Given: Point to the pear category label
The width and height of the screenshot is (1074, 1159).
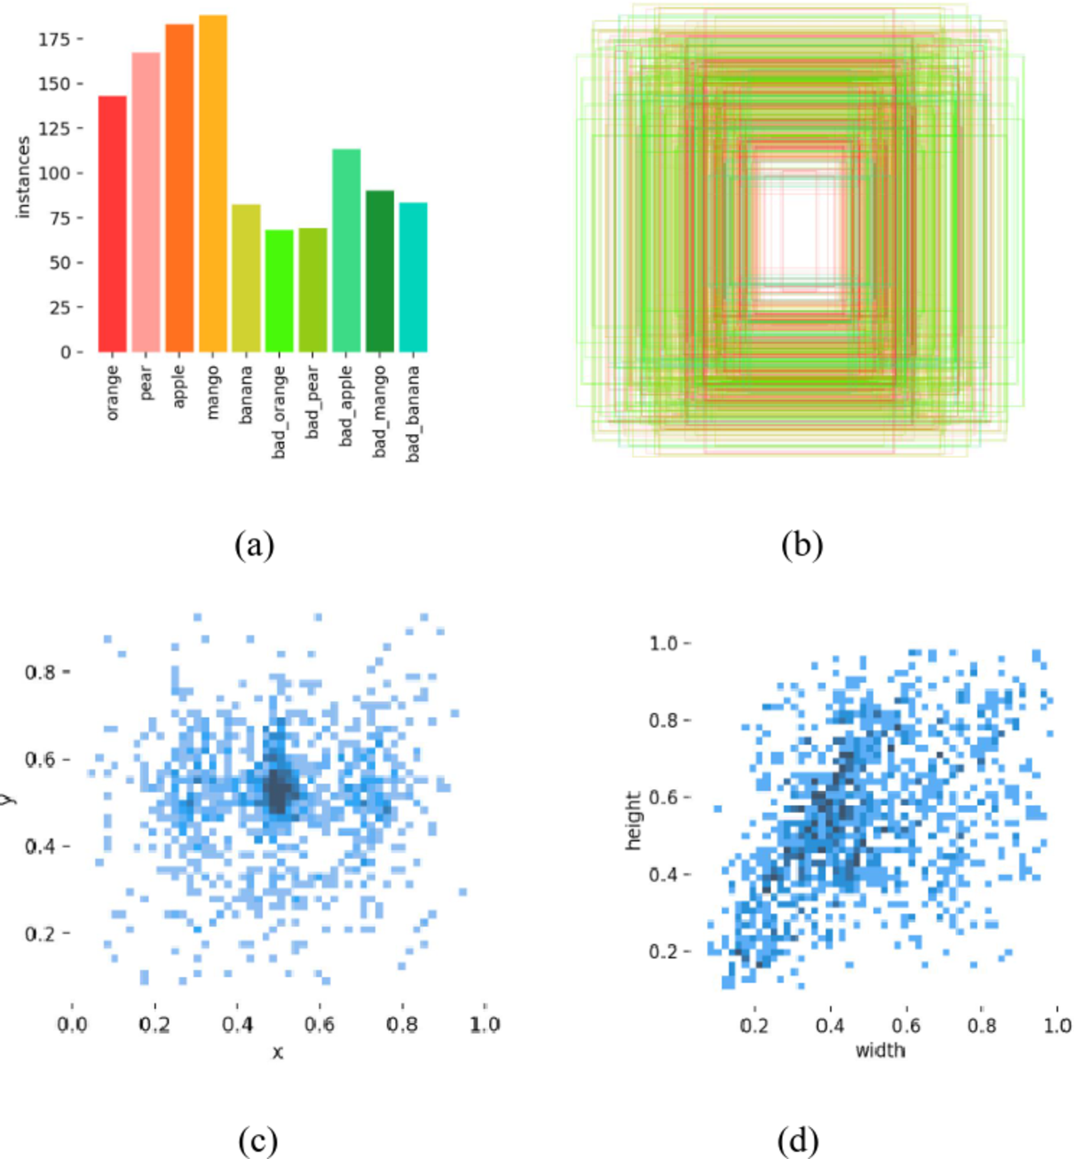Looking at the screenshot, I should pyautogui.click(x=146, y=382).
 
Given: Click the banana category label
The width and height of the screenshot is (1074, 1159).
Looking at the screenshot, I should pyautogui.click(x=247, y=394).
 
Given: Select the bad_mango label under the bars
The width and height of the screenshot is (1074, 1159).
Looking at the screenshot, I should pyautogui.click(x=380, y=411).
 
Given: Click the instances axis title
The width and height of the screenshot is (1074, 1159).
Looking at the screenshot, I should pyautogui.click(x=24, y=177).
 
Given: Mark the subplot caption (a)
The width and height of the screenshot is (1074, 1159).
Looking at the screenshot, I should pyautogui.click(x=255, y=543).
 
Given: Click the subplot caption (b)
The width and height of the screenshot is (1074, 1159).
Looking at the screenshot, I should pyautogui.click(x=802, y=543).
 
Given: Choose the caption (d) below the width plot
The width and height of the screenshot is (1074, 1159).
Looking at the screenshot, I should pyautogui.click(x=797, y=1139).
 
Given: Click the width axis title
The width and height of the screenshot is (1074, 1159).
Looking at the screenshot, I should pyautogui.click(x=880, y=1051).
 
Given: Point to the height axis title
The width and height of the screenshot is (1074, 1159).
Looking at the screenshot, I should pyautogui.click(x=633, y=821).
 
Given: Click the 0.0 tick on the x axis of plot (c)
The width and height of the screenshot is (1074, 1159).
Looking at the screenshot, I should pyautogui.click(x=72, y=1024).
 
